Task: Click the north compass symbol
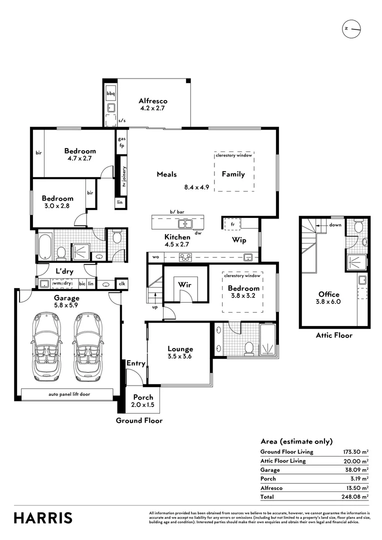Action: pos(352,29)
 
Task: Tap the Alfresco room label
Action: pos(152,100)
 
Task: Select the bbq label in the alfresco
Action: pos(110,93)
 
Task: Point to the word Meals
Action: pos(166,174)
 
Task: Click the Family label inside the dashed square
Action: pos(233,174)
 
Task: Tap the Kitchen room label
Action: pos(177,237)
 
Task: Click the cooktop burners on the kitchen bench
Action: pos(185,257)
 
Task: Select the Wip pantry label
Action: pos(239,240)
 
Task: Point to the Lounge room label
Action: pos(180,349)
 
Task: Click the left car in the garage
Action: pos(47,348)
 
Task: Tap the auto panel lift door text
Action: pos(69,394)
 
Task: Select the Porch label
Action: pos(143,397)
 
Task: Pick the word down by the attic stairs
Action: pos(335,225)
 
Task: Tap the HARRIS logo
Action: pos(43,518)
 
